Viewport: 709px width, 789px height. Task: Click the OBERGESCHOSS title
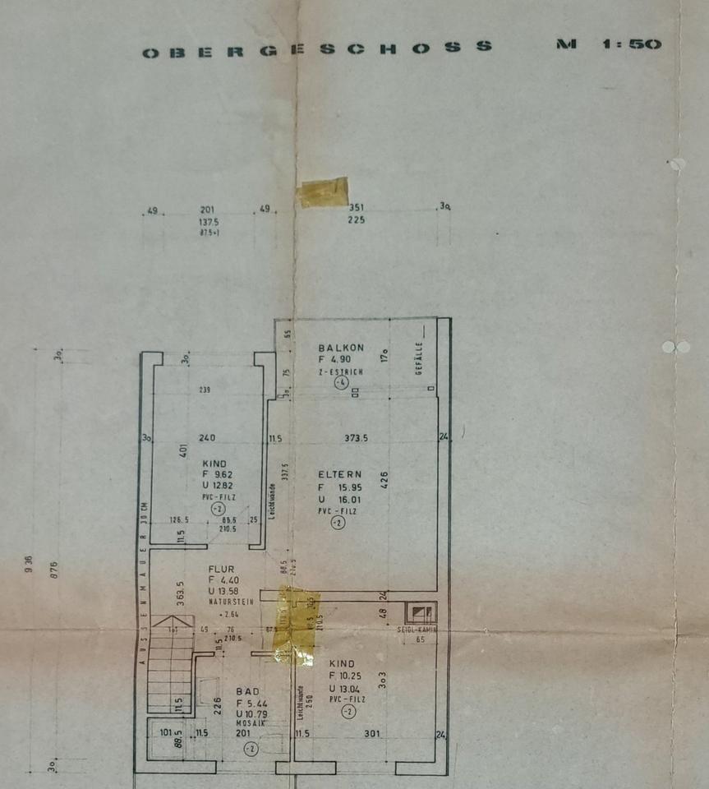(317, 49)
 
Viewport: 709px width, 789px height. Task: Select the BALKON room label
(341, 348)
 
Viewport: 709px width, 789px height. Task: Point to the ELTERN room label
(339, 474)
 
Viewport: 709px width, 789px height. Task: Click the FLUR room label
(221, 569)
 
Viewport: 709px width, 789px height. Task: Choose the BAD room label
(247, 692)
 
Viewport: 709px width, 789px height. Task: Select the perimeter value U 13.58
(228, 591)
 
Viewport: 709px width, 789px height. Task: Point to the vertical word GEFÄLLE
(418, 360)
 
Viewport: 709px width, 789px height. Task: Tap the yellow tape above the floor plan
(323, 192)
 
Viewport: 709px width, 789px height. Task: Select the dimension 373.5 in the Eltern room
(355, 438)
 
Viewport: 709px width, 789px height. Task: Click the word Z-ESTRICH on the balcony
(341, 371)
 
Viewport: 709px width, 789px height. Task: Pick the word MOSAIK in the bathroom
(247, 724)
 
